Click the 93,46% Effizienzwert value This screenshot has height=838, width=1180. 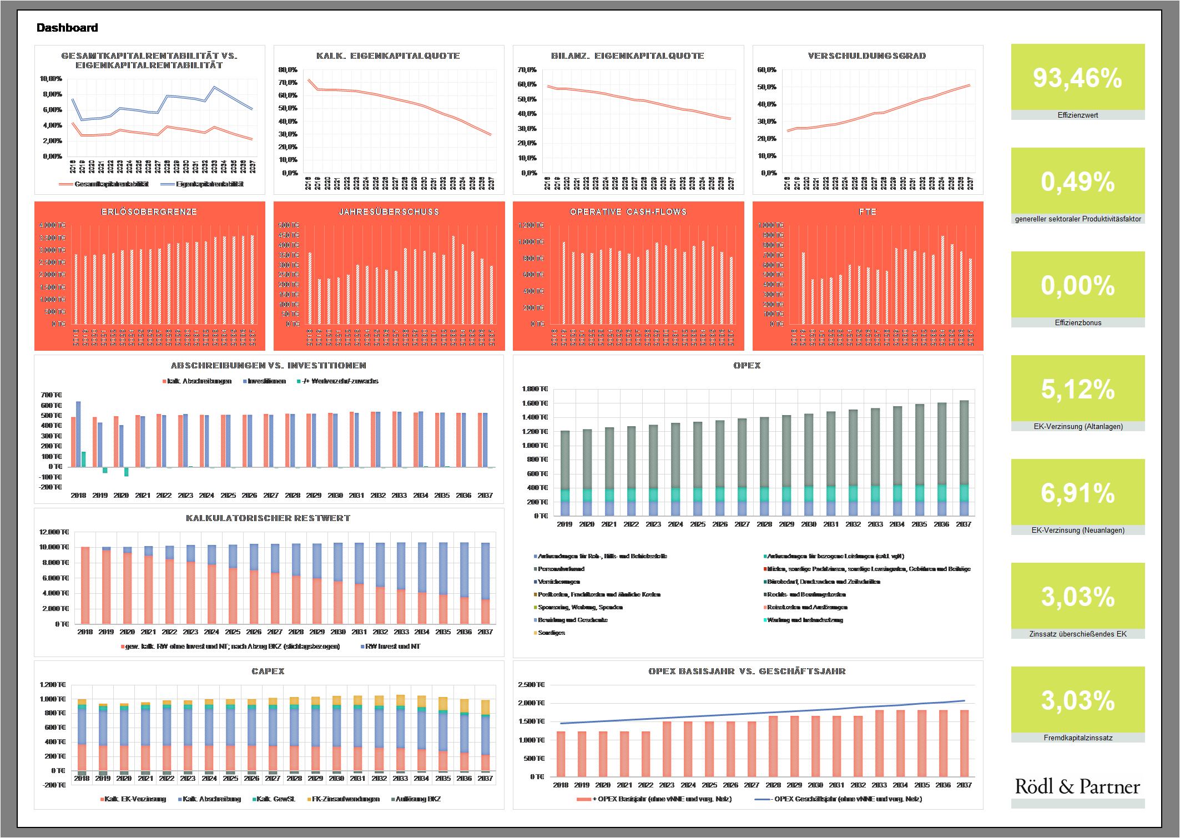pyautogui.click(x=1077, y=78)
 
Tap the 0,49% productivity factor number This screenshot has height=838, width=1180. pyautogui.click(x=1077, y=182)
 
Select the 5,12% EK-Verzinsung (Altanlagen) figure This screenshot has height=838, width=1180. pyautogui.click(x=1077, y=390)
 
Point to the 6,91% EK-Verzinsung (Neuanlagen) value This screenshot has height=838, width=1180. pyautogui.click(x=1077, y=493)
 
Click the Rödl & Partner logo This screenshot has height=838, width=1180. pyautogui.click(x=1077, y=786)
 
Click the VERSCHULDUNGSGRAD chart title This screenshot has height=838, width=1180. pyautogui.click(x=867, y=56)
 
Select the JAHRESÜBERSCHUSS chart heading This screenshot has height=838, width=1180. pyautogui.click(x=389, y=212)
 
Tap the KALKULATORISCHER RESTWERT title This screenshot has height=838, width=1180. pyautogui.click(x=268, y=518)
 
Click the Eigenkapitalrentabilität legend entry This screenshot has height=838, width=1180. pyautogui.click(x=209, y=184)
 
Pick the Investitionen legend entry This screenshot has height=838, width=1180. pyautogui.click(x=266, y=381)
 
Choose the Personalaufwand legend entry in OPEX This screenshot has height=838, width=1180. pyautogui.click(x=561, y=569)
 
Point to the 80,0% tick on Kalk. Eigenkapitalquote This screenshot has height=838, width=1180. pyautogui.click(x=288, y=70)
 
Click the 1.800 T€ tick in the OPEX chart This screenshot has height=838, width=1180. pyautogui.click(x=535, y=389)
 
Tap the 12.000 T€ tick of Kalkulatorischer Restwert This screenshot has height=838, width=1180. pyautogui.click(x=54, y=532)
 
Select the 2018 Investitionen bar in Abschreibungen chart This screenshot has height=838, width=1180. pyautogui.click(x=78, y=434)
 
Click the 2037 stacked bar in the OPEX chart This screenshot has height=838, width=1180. pyautogui.click(x=964, y=458)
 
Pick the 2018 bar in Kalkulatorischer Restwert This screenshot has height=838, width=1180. pyautogui.click(x=85, y=585)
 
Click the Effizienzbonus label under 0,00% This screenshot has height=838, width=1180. pyautogui.click(x=1078, y=323)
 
